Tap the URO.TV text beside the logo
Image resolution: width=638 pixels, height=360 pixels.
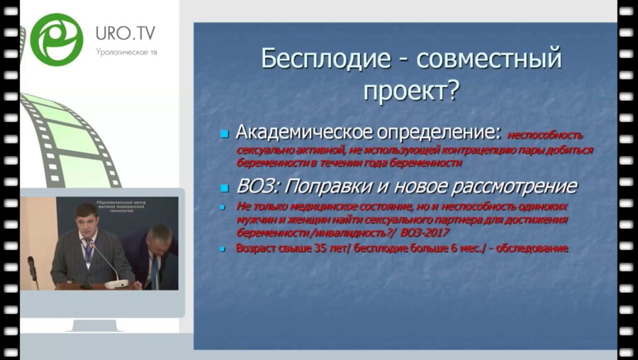pyautogui.click(x=125, y=33)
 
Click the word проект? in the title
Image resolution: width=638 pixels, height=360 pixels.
pyautogui.click(x=411, y=90)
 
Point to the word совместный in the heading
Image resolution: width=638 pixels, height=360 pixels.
pyautogui.click(x=488, y=58)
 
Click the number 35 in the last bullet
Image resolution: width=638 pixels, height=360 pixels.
pyautogui.click(x=314, y=249)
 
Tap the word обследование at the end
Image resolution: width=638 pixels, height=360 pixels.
pyautogui.click(x=529, y=249)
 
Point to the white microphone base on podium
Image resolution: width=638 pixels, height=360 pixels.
pyautogui.click(x=117, y=283)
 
